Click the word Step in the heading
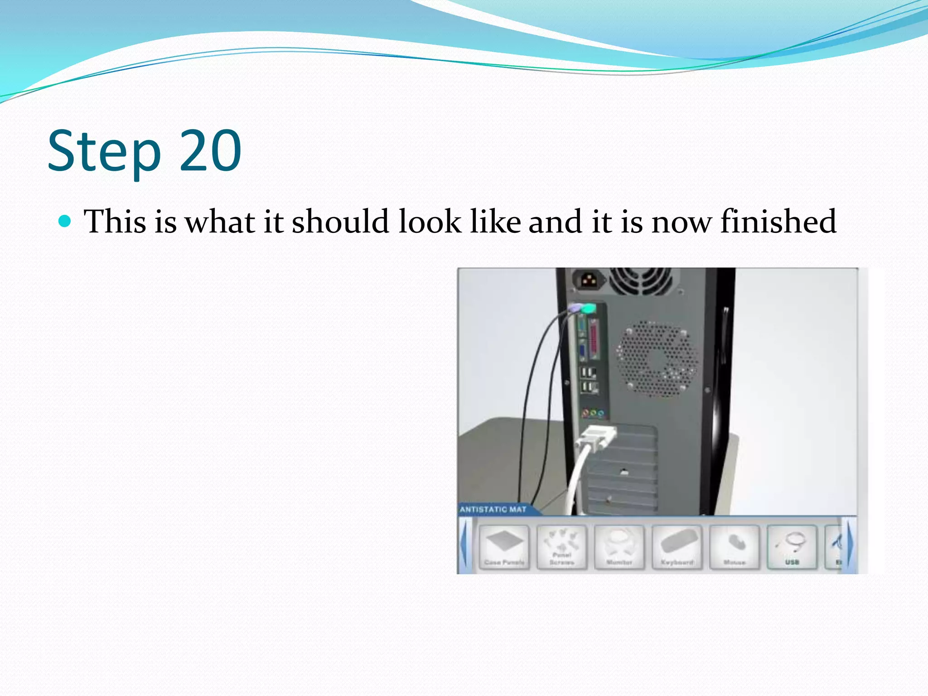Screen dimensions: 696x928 [104, 152]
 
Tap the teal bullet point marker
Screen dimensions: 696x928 [65, 221]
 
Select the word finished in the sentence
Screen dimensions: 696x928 [778, 222]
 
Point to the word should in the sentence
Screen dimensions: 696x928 [340, 222]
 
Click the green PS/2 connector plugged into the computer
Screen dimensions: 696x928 [588, 309]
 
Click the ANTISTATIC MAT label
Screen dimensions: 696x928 [493, 509]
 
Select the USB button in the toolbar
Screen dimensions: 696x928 [792, 547]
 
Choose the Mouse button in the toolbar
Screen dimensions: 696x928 [734, 547]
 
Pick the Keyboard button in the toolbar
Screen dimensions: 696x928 [677, 547]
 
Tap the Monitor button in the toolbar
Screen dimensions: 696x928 [619, 547]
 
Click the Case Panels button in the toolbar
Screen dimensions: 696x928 [504, 547]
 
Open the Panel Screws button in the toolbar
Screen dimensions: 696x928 [562, 547]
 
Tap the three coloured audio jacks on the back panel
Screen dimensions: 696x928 [593, 413]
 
